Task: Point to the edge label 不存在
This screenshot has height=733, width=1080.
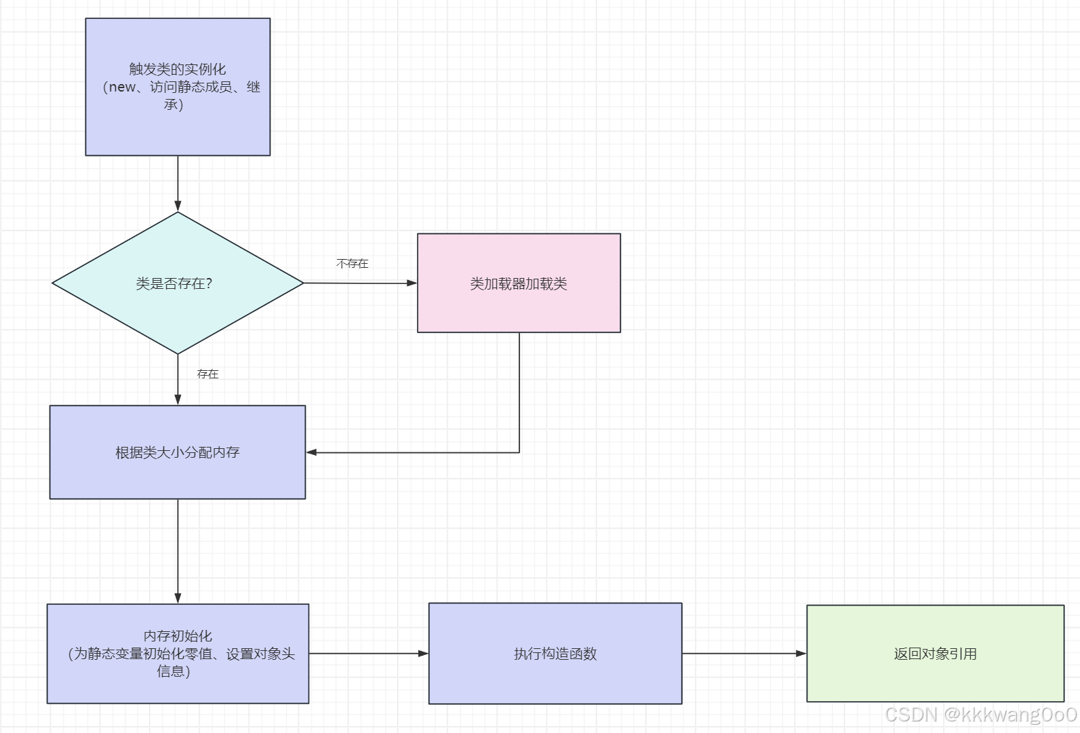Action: tap(353, 264)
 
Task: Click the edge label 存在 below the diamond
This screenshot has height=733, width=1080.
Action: tap(207, 374)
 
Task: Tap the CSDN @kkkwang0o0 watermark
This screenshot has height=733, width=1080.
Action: tap(980, 715)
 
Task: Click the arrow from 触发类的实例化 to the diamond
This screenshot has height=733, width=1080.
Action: tap(178, 183)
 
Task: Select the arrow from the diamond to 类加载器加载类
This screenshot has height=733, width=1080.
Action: tap(359, 283)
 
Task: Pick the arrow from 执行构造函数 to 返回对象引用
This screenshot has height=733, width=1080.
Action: tap(744, 654)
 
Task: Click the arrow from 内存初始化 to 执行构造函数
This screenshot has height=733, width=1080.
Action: tap(368, 654)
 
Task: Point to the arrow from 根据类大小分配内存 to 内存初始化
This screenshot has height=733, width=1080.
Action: tap(178, 551)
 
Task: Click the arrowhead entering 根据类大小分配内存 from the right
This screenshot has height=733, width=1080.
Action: tap(312, 452)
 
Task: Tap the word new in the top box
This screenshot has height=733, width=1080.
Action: tap(122, 87)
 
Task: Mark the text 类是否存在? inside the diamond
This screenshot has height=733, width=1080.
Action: tap(174, 284)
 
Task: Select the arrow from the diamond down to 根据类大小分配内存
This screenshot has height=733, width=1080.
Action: tap(178, 380)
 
